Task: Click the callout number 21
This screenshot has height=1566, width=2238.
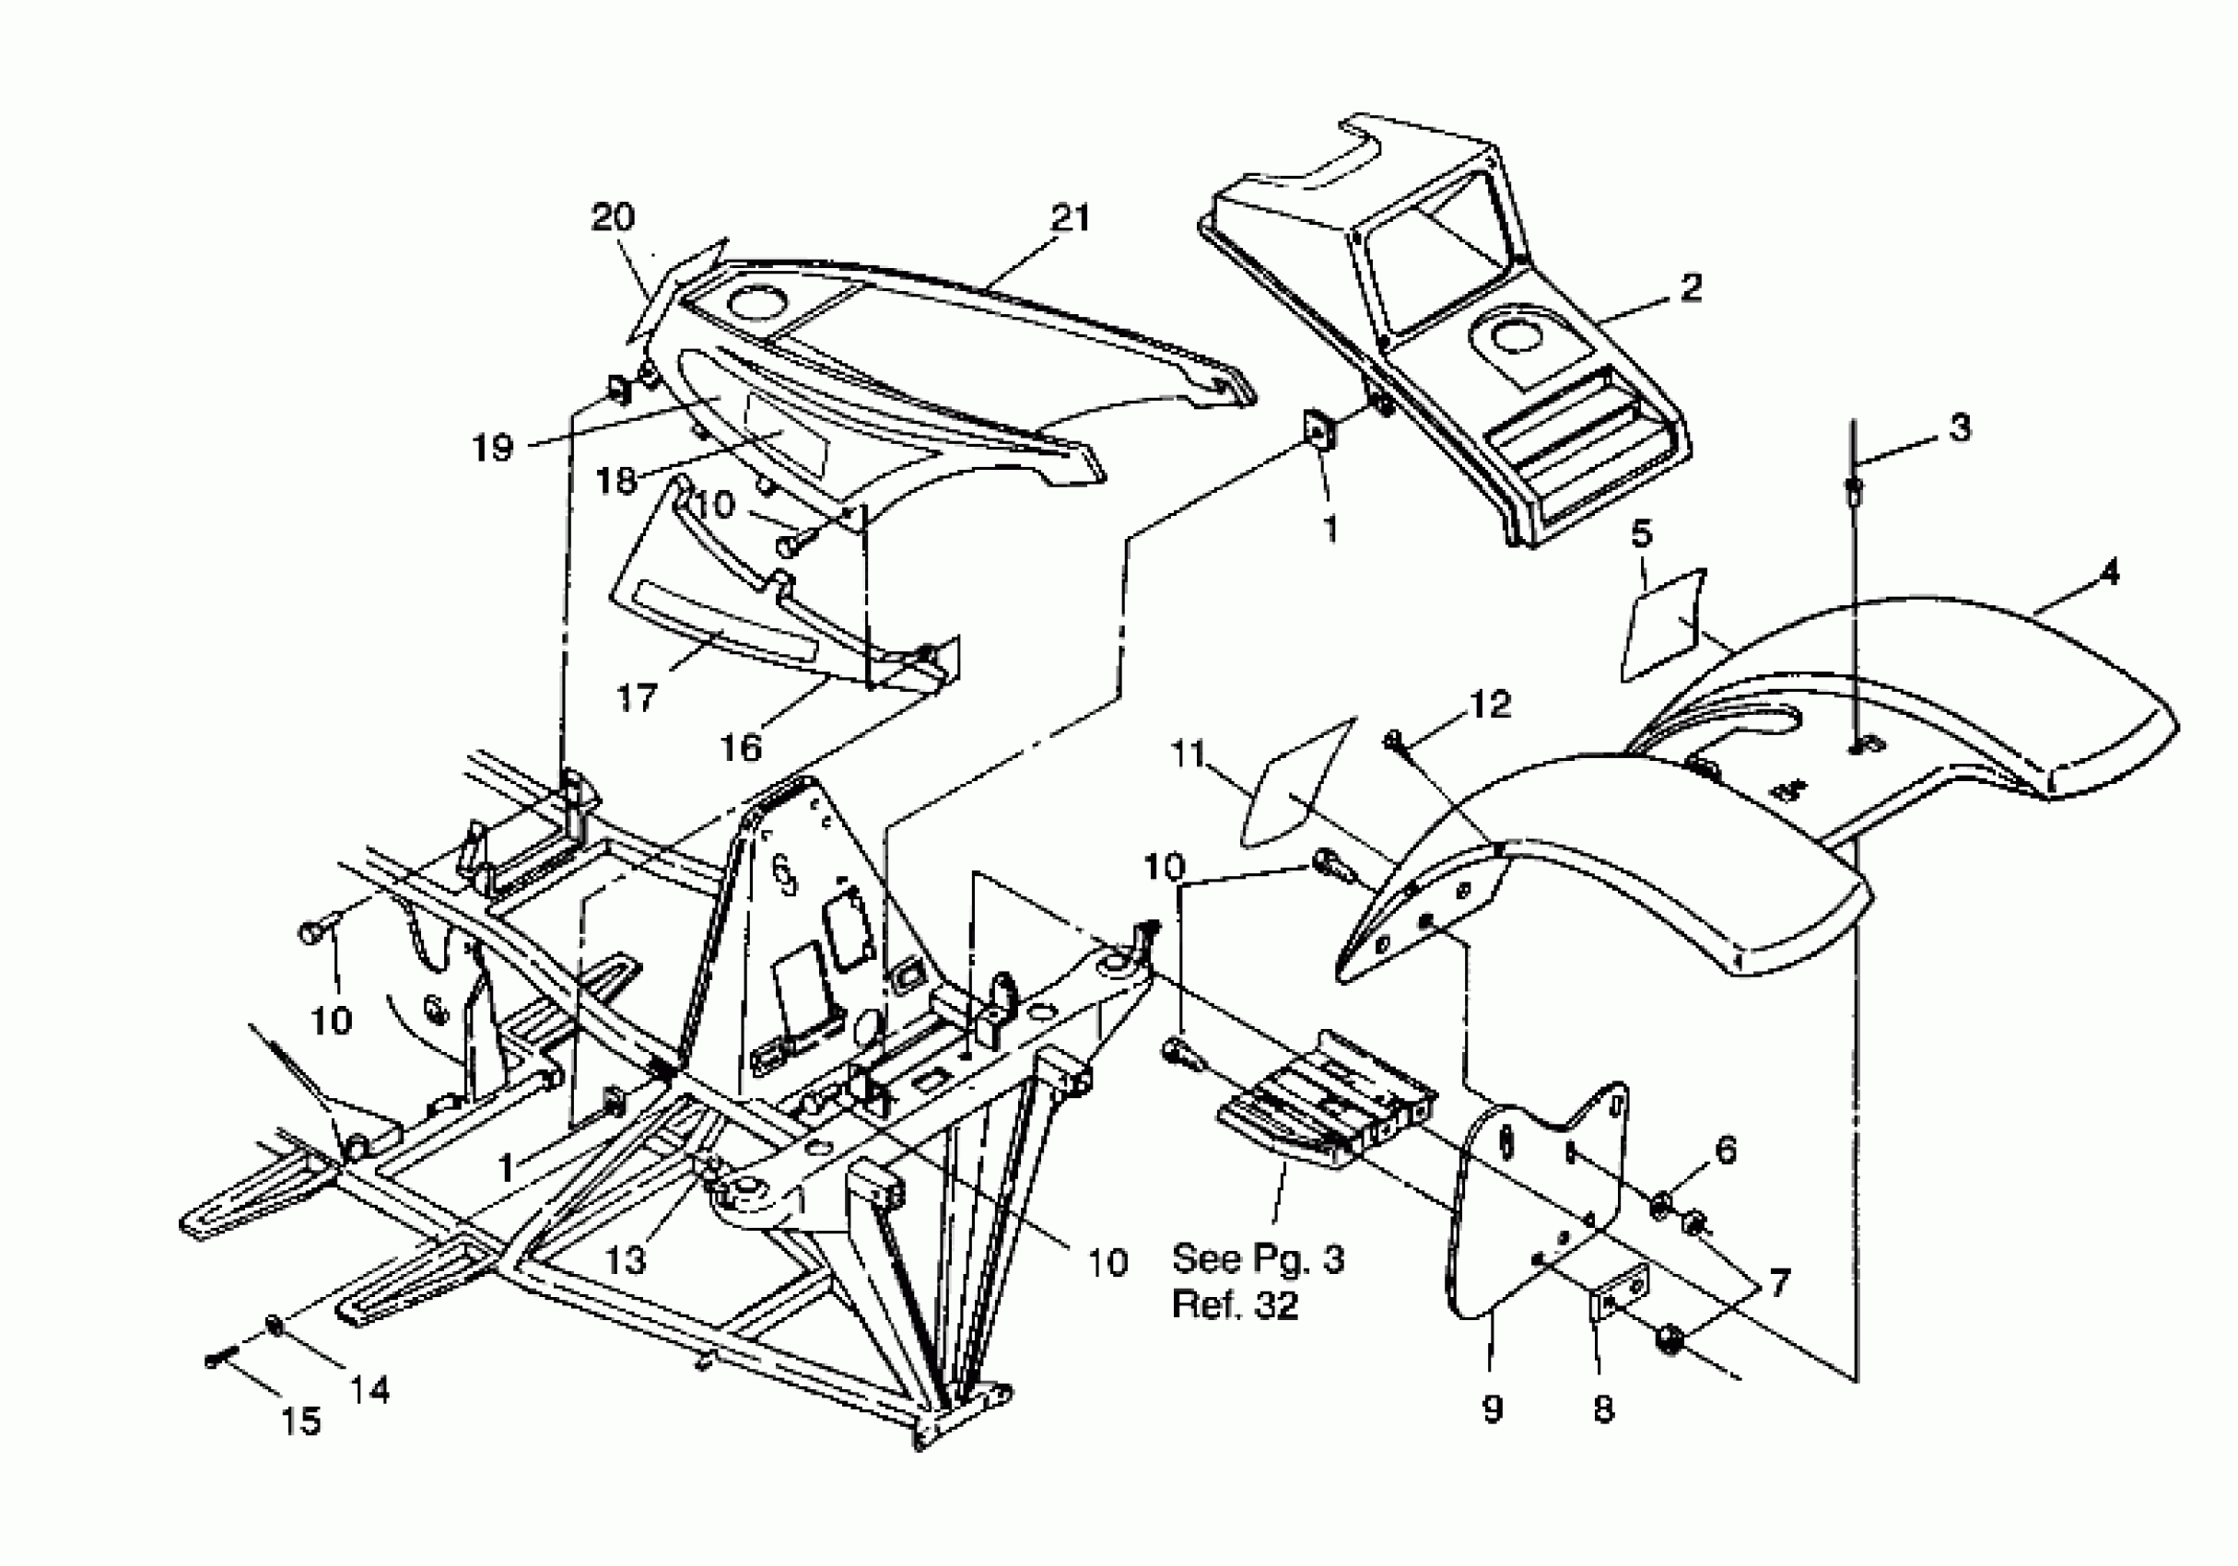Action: pyautogui.click(x=1071, y=217)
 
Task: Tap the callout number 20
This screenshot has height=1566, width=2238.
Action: pyautogui.click(x=613, y=216)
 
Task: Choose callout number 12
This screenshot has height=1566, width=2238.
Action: pyautogui.click(x=1490, y=704)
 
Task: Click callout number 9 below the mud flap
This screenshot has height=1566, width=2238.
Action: pyautogui.click(x=1493, y=1408)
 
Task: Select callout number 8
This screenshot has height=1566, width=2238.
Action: pyautogui.click(x=1603, y=1408)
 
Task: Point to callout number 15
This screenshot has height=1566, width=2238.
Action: pyautogui.click(x=300, y=1420)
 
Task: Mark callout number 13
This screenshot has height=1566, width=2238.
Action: pyautogui.click(x=625, y=1260)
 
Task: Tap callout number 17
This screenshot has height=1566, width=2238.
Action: pyautogui.click(x=638, y=696)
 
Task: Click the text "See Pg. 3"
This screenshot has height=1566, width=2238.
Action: pyautogui.click(x=1258, y=1258)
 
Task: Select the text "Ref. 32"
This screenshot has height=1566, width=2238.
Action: pyautogui.click(x=1235, y=1304)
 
